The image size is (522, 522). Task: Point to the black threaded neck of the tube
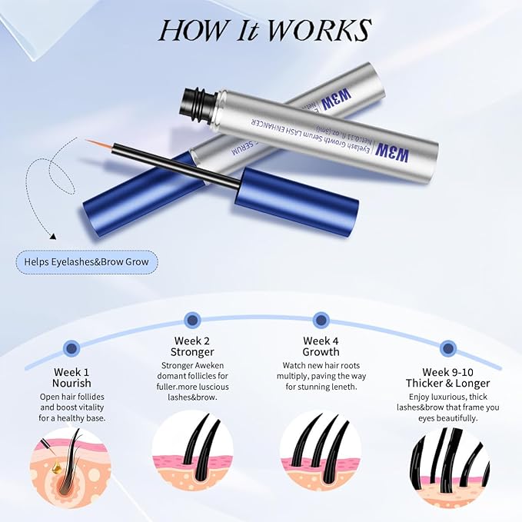click(195, 99)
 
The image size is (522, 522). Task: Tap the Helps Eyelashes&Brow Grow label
click(86, 262)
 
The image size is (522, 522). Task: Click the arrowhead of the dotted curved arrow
click(55, 239)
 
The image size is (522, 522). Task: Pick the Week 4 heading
click(320, 341)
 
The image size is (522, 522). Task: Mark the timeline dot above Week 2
click(192, 317)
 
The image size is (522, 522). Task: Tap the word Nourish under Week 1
click(72, 383)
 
